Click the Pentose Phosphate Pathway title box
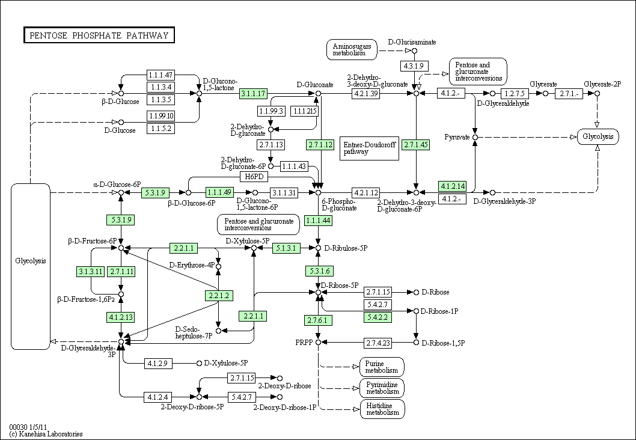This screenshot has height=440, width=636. [99, 35]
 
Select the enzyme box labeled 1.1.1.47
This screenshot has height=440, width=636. [161, 75]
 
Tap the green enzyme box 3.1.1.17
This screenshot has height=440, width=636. [254, 94]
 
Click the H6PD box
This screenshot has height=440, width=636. [254, 177]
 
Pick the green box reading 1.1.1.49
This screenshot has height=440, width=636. [219, 192]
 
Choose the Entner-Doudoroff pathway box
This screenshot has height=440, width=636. [369, 148]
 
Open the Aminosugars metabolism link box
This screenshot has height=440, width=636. [352, 50]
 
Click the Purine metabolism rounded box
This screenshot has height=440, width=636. [382, 367]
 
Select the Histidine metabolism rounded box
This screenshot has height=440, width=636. [382, 409]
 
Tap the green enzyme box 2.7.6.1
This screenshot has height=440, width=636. [319, 320]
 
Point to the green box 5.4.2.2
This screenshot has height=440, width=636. [378, 317]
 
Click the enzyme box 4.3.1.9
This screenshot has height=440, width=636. [414, 66]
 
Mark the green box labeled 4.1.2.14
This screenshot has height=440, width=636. [452, 186]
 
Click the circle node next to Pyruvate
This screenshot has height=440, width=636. [475, 138]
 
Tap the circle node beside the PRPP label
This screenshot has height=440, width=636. [319, 343]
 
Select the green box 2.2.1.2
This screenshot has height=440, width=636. [219, 296]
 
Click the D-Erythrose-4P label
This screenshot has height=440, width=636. [192, 265]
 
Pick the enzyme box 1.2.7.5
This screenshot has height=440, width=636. [515, 94]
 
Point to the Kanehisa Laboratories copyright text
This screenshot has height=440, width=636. [46, 434]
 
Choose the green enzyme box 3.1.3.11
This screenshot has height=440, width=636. [91, 271]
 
